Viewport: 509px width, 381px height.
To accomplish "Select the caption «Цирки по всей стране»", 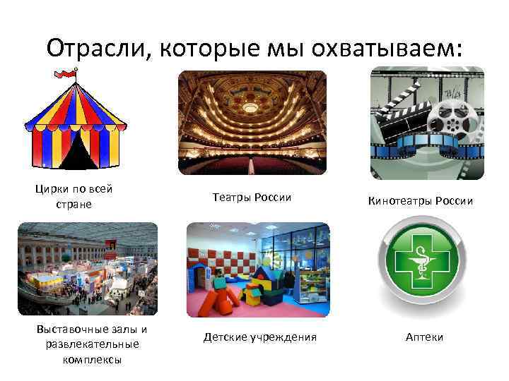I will point(74,196).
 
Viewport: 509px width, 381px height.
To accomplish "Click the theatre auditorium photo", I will point(252,122).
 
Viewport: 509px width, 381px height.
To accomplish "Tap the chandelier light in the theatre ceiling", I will point(251,108).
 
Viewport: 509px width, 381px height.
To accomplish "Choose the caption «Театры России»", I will point(252,198).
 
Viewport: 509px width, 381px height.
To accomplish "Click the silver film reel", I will point(454,116).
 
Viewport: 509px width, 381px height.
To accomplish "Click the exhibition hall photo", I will point(87,268).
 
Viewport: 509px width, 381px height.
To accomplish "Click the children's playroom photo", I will point(258,270).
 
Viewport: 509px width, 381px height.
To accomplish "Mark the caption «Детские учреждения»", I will point(259,337).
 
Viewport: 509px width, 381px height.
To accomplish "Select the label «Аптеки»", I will point(424,337).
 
